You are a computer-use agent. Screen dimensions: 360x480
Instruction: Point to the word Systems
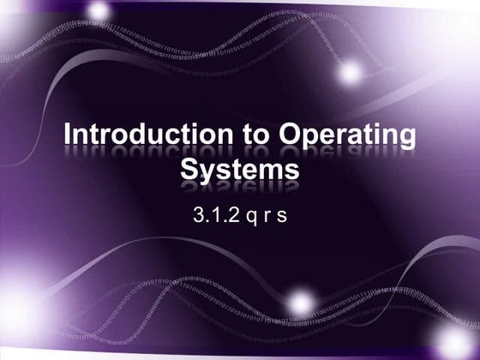240,168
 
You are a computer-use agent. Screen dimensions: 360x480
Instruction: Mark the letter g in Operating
405,141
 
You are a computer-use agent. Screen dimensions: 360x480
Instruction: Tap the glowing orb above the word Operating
350,72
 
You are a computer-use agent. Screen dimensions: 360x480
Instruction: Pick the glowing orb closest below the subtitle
301,300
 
